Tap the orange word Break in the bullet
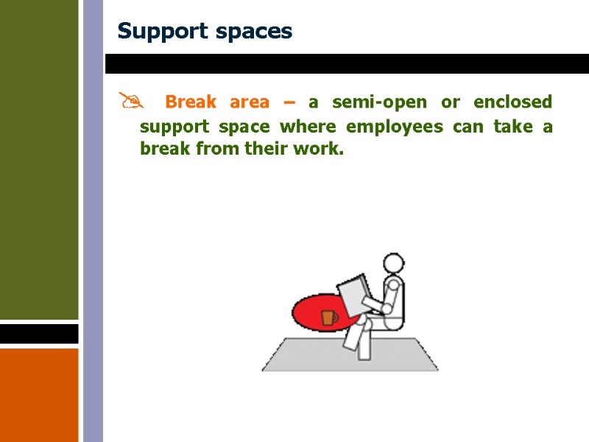pos(191,102)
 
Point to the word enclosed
pos(512,102)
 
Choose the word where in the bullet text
pos(307,127)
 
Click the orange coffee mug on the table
pos(329,318)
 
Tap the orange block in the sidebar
pos(39,394)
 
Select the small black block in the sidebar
pos(39,334)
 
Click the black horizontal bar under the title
pos(346,64)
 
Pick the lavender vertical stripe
pos(93,221)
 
